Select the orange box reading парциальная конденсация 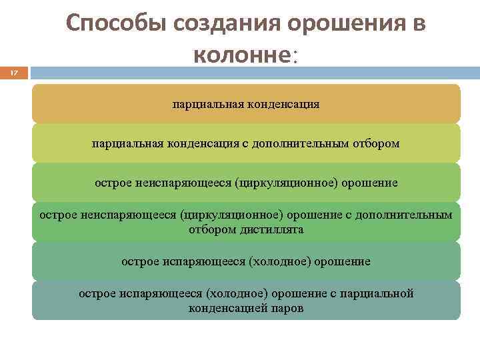coord(246,104)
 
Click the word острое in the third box coord(111,182)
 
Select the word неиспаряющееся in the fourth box coord(127,215)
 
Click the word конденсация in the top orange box coord(283,104)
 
